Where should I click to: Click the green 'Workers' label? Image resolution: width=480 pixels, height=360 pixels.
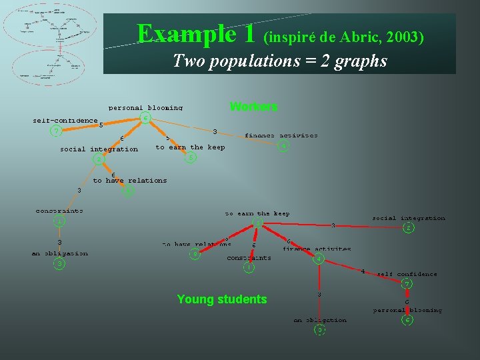(253, 107)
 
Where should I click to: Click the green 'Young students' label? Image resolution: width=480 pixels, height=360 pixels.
(221, 299)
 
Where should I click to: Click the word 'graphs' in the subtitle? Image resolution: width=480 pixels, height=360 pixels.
(363, 61)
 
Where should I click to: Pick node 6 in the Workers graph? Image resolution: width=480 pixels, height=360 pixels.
(145, 118)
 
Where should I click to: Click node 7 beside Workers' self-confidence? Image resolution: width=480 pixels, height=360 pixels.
(57, 131)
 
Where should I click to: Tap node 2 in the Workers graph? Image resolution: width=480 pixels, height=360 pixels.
(98, 159)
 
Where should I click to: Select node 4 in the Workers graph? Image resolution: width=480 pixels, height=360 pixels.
(284, 146)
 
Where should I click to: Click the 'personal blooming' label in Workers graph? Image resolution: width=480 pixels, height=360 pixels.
(145, 107)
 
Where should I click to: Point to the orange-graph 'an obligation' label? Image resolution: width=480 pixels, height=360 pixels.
(60, 253)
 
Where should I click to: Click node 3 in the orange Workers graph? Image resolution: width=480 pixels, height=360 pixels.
(60, 264)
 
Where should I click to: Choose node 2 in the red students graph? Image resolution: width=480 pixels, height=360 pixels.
(407, 228)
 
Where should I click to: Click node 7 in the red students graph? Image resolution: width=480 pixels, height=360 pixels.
(407, 284)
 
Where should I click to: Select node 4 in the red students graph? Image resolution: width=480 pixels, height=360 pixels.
(319, 259)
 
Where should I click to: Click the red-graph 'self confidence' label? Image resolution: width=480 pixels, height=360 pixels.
(407, 274)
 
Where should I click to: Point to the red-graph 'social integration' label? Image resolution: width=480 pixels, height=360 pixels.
(408, 218)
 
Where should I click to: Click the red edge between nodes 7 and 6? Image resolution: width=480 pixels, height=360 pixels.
(407, 297)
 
